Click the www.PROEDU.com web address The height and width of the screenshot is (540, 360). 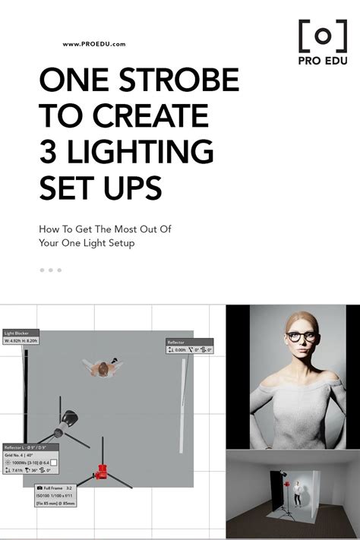coord(94,44)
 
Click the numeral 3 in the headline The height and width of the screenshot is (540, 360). coord(48,150)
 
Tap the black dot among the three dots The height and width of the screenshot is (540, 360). coord(43,270)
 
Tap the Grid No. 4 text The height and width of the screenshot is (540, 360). coord(23,455)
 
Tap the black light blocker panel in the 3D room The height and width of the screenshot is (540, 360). coord(276,497)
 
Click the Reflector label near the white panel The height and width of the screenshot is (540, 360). coord(177,343)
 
